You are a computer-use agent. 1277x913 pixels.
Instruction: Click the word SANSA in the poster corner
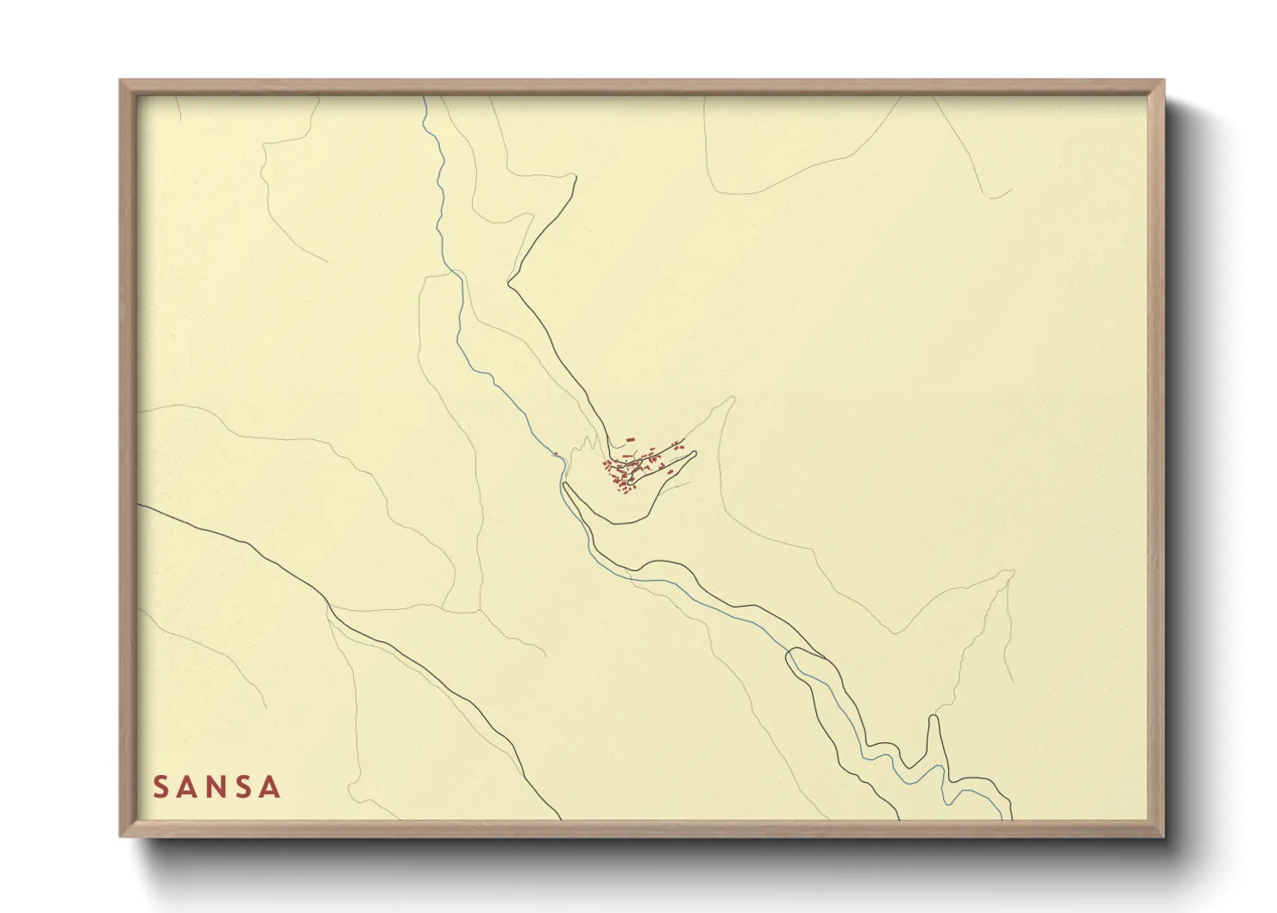217,787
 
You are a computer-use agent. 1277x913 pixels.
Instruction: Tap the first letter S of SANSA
160,787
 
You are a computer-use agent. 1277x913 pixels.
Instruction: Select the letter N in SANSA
217,787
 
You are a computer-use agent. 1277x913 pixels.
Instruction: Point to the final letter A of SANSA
270,787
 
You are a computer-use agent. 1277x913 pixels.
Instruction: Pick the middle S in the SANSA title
244,787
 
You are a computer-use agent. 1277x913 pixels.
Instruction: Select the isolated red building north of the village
630,440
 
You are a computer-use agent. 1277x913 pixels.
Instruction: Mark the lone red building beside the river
557,454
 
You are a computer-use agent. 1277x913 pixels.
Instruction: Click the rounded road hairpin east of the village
694,452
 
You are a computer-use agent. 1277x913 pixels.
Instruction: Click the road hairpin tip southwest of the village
565,487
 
